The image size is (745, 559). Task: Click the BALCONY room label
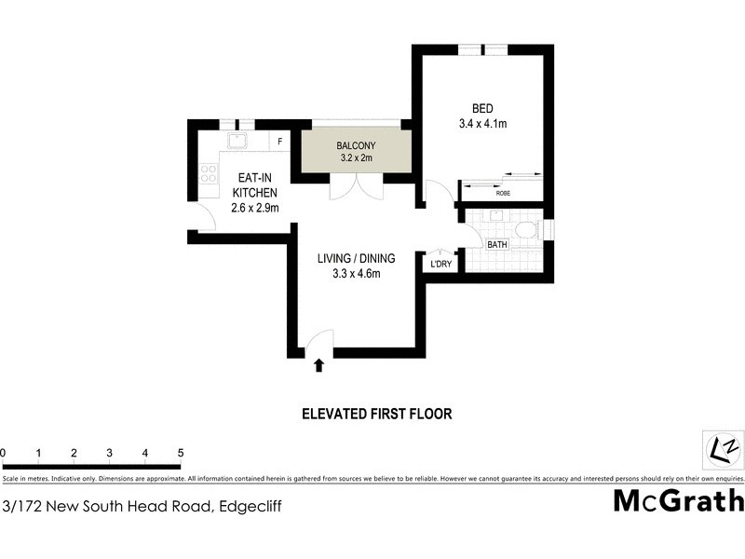coord(352,144)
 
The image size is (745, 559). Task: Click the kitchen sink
coord(237,142)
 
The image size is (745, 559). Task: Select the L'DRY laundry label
coord(440,265)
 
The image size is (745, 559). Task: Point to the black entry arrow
coord(319,365)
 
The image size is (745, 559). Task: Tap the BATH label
coord(497,245)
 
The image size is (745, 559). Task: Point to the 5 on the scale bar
coord(181,454)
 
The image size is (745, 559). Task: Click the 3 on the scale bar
coord(109,454)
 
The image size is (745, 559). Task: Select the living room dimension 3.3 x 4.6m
coord(349,273)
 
